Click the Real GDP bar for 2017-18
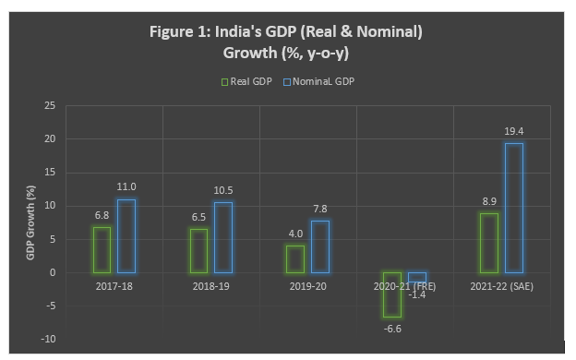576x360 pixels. coord(102,250)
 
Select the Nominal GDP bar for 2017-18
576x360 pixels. coord(126,236)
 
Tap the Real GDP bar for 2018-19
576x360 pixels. coord(198,251)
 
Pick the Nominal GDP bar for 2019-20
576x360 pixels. coord(320,246)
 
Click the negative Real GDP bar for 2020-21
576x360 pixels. coord(392,294)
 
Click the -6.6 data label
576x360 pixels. coord(392,328)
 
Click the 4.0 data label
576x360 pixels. coord(295,235)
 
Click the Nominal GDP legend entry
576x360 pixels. coord(320,81)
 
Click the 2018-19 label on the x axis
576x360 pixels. coord(210,286)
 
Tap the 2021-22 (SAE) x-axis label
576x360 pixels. coord(501,286)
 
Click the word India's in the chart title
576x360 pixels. coord(239,30)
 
